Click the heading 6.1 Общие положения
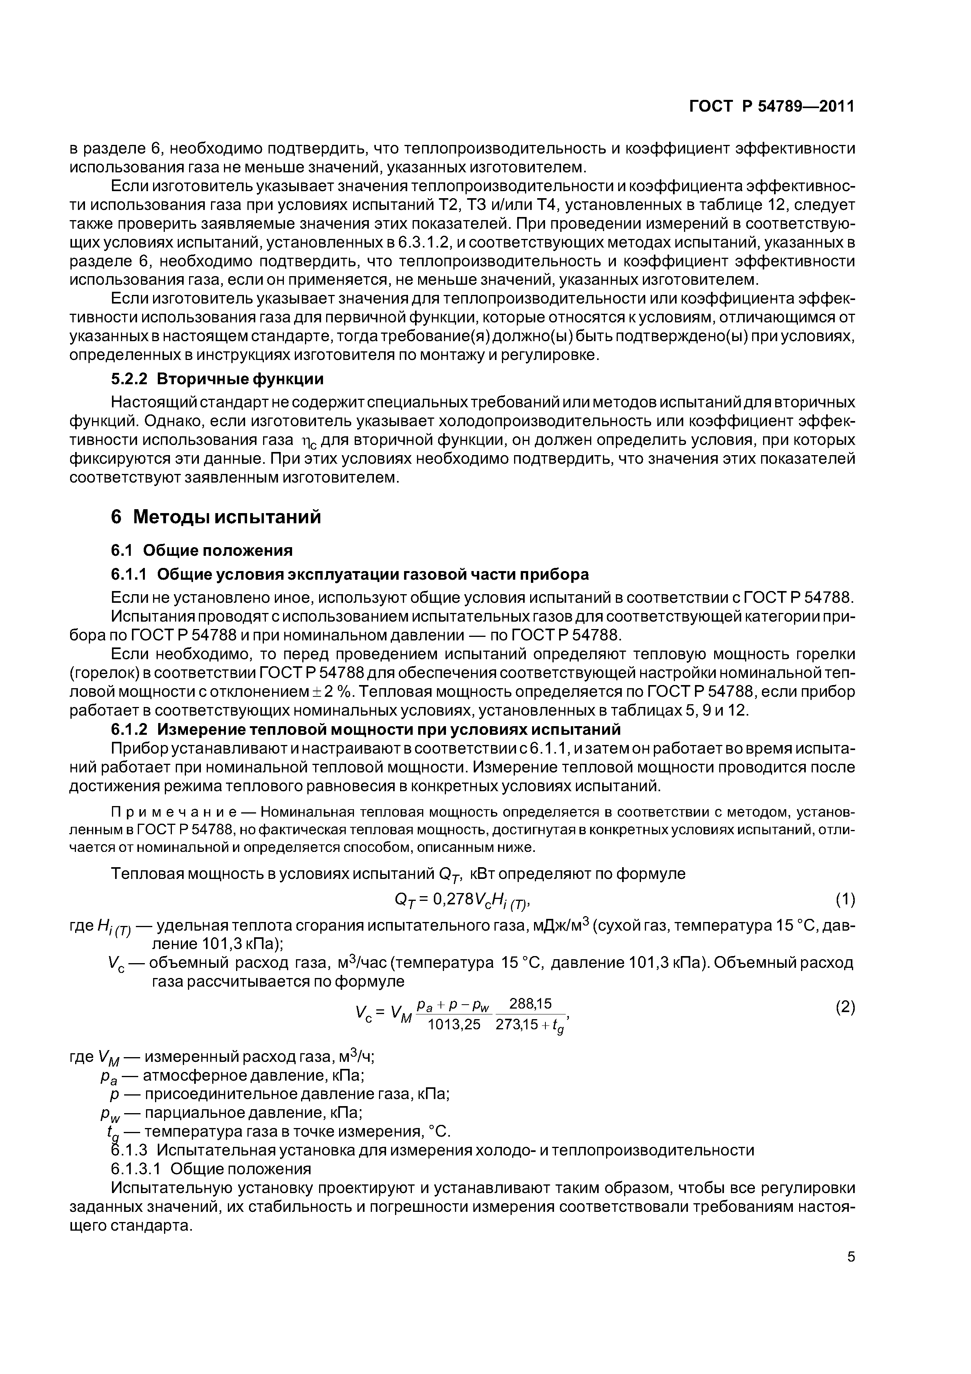[x=202, y=550]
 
